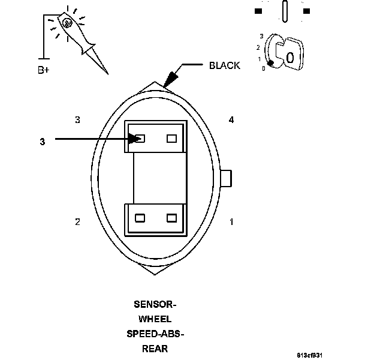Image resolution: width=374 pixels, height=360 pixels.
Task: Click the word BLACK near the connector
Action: (x=224, y=65)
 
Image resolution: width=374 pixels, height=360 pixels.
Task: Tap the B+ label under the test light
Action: (x=44, y=70)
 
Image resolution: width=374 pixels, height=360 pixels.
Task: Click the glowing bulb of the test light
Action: (x=67, y=23)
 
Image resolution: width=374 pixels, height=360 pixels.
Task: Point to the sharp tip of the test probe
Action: (x=107, y=73)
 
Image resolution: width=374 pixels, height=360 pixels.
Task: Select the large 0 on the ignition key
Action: (x=289, y=58)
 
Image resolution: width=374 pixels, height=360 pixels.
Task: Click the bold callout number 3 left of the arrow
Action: (x=42, y=142)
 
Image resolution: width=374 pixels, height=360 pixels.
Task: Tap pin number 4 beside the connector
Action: (x=231, y=120)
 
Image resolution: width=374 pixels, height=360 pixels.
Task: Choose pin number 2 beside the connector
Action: (x=77, y=222)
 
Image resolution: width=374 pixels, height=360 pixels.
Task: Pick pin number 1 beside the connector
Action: (x=231, y=222)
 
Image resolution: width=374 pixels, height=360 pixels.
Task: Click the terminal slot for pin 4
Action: (x=172, y=139)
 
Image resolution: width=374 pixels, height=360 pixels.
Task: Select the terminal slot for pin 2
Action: (x=140, y=218)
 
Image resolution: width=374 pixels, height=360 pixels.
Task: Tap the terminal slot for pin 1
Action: (x=172, y=218)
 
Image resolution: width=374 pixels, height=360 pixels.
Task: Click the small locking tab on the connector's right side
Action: (x=227, y=178)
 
